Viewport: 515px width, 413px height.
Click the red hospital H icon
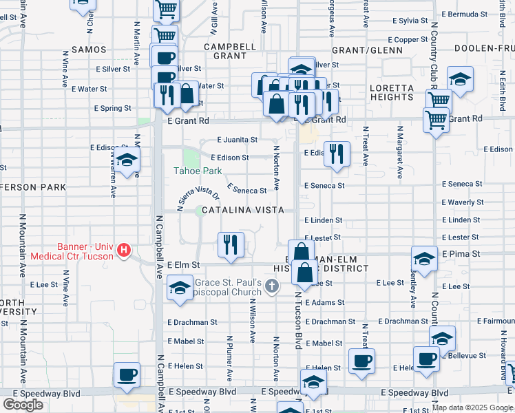[124, 249]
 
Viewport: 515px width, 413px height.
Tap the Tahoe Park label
[197, 171]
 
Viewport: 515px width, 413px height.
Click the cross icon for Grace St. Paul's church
[272, 286]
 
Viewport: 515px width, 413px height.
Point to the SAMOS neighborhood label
[88, 50]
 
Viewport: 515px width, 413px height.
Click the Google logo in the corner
[23, 405]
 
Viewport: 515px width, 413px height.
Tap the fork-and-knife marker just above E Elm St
[231, 244]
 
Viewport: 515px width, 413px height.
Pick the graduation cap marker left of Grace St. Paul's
[180, 287]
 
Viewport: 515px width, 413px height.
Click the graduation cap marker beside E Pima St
[423, 259]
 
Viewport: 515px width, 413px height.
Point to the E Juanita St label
[238, 139]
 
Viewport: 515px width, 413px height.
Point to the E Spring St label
[112, 108]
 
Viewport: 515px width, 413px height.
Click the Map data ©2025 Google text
[472, 407]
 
